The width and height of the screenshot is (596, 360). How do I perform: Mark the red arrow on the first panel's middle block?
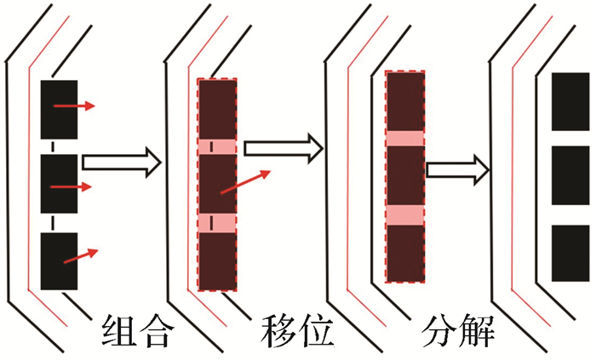tap(73, 185)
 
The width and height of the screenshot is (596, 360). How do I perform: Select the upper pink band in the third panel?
tap(405, 138)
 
